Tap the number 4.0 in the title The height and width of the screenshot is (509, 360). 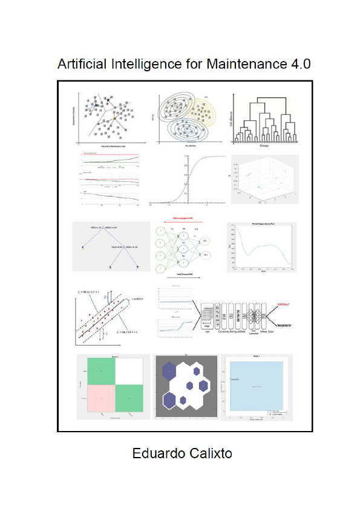298,64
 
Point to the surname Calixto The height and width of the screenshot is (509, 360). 211,453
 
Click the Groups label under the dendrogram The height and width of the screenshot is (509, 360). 266,145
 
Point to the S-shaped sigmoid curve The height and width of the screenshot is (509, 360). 188,181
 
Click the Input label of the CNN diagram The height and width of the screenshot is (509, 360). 208,331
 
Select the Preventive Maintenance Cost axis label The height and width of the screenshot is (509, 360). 108,146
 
